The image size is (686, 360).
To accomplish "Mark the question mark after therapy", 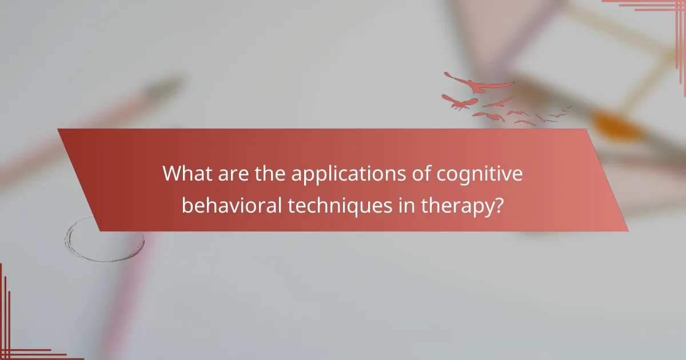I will [x=498, y=205].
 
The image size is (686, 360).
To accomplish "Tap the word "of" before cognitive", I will [x=421, y=174].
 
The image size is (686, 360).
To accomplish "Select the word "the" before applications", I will [x=267, y=174].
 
